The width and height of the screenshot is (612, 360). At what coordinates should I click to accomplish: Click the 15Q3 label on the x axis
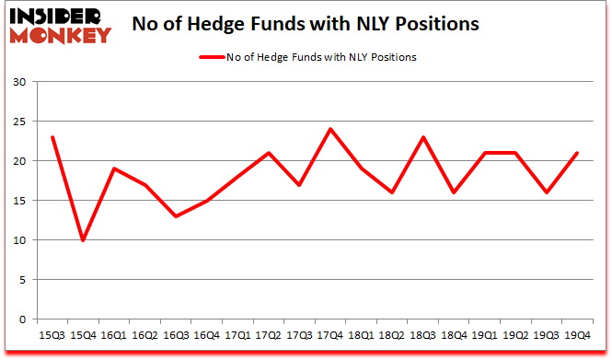(53, 335)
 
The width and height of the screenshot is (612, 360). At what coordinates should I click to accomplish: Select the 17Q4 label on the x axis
(330, 335)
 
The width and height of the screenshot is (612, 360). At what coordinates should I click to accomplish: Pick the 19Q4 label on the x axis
(577, 335)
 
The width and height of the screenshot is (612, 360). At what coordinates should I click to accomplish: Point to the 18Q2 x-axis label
(392, 335)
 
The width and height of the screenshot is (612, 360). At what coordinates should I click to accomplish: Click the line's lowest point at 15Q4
(84, 240)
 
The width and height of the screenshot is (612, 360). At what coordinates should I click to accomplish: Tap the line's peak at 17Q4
(330, 129)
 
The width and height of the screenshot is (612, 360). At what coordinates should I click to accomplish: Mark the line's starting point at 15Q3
(53, 137)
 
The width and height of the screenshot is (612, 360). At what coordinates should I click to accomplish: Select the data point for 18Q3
(422, 137)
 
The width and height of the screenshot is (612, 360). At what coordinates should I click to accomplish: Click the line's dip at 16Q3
(177, 216)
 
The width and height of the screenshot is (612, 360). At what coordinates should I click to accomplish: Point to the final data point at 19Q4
(577, 153)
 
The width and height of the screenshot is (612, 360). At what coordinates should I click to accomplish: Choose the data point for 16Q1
(115, 168)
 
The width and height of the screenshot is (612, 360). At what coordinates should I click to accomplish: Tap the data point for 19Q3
(546, 192)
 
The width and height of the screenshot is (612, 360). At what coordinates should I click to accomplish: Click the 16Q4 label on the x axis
(207, 335)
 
